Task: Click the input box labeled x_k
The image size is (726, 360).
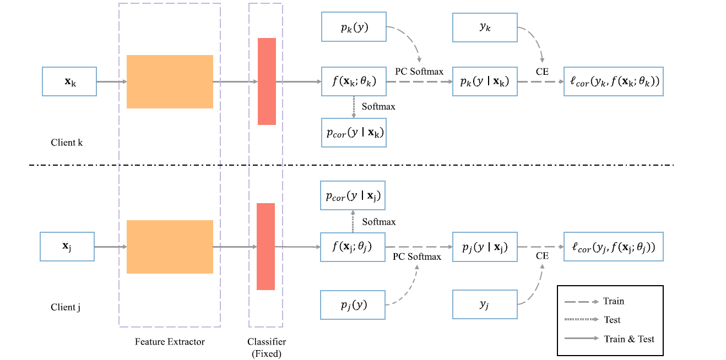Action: [x=69, y=81]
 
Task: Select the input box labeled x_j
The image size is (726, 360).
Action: [x=67, y=246]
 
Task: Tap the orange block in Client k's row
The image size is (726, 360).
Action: [x=170, y=81]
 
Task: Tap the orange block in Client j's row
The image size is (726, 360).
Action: [x=170, y=247]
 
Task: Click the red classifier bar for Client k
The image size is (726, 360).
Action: [x=267, y=81]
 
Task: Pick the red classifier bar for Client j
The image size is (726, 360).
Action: [x=266, y=247]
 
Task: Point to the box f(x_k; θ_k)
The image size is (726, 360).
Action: [x=354, y=81]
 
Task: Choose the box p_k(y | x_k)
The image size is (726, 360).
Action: [x=485, y=81]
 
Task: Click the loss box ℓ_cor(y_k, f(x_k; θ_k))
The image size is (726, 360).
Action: [x=613, y=81]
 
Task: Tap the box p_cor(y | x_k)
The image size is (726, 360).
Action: [x=354, y=133]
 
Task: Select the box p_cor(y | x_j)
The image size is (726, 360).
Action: [x=353, y=195]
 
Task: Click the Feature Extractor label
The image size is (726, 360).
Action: [x=170, y=342]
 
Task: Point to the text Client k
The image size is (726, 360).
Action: [x=67, y=143]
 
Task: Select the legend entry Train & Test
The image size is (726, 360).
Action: [x=629, y=339]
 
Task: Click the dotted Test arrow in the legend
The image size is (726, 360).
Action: [x=581, y=320]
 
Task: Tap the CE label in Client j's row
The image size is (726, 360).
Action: [x=542, y=256]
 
